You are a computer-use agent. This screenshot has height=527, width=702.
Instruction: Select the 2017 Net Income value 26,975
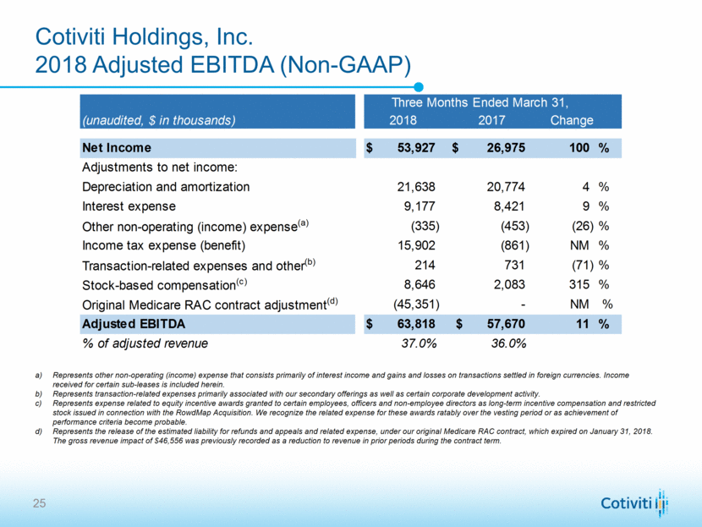[x=503, y=148]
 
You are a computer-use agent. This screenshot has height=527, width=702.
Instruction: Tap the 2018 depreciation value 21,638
[x=416, y=186]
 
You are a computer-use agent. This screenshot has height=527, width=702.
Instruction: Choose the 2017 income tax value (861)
[x=510, y=246]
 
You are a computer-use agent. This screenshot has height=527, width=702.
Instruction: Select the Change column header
[x=572, y=120]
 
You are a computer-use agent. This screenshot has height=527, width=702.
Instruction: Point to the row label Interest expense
[x=129, y=206]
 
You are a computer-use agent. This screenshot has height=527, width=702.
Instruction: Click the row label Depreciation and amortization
[x=166, y=186]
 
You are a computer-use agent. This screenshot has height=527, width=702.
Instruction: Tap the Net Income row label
[x=117, y=148]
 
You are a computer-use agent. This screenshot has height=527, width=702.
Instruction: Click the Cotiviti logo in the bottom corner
[x=635, y=504]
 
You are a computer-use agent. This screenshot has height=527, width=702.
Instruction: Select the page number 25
[x=39, y=504]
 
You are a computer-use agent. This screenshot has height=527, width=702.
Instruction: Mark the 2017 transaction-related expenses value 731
[x=516, y=265]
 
